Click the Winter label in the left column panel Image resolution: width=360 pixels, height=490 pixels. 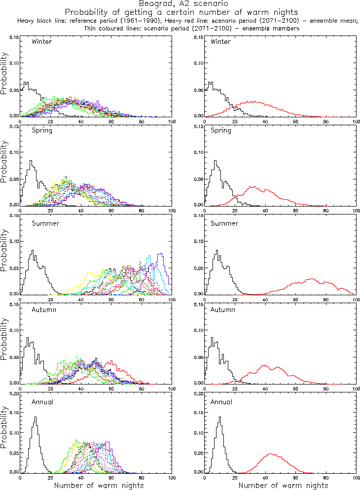tap(41, 41)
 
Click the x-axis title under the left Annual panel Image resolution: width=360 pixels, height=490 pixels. tap(99, 485)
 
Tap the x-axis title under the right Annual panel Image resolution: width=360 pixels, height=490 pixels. tap(283, 485)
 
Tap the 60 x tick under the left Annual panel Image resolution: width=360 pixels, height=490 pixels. tap(111, 478)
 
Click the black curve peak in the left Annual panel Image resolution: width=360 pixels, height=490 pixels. tap(35, 417)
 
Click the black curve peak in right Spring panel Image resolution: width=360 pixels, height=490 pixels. tap(216, 161)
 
